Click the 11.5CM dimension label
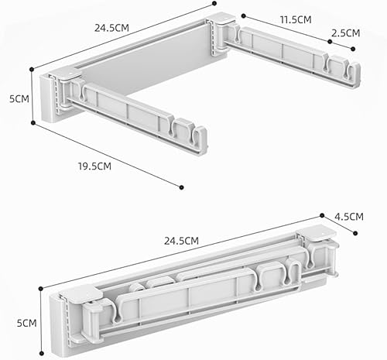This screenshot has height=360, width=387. coord(296,20)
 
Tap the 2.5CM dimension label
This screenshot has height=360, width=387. coord(345,33)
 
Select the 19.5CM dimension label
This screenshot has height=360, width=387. coord(94,166)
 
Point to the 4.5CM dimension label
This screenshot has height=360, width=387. coord(349,217)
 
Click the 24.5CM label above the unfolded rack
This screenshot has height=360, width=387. coord(111,28)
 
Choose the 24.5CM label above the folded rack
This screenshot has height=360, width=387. coord(182,241)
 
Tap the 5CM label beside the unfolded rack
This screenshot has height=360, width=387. coord(19,99)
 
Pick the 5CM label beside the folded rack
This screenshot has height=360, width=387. coord(27,323)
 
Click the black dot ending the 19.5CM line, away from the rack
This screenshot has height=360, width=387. coord(181,187)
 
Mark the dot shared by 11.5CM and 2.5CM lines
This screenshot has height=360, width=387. coord(330,42)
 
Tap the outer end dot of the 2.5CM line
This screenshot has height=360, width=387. coord(353,49)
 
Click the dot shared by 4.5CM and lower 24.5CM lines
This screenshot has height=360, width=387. coord(322,215)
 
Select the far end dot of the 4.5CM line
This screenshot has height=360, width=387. coord(355,233)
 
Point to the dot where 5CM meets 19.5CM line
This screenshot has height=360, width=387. coord(33,123)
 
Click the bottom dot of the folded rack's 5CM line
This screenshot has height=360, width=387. coord(42,353)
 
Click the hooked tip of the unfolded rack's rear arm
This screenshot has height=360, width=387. coord(354,74)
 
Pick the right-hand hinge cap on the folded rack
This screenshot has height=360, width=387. coord(317,233)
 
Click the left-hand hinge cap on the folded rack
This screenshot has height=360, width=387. coord(80,293)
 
